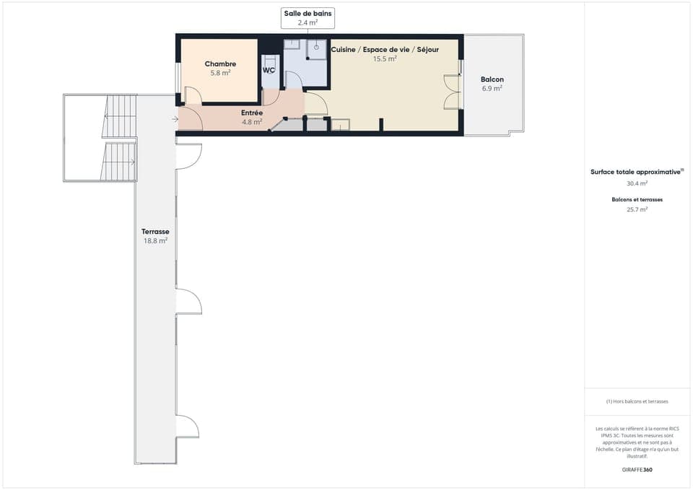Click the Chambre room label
tap(220, 64)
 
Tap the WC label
tap(269, 71)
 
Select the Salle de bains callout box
tap(308, 18)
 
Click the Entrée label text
tap(251, 113)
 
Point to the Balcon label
tap(492, 79)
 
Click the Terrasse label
tap(155, 232)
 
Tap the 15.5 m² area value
tap(385, 59)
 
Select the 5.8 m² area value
tap(220, 73)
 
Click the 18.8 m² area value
tap(155, 241)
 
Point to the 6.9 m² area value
tap(492, 89)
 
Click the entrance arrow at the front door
tap(175, 119)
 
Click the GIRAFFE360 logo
tap(637, 470)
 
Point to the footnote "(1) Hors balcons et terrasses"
tap(637, 401)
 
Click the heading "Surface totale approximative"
tap(636, 172)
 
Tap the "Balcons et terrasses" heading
tap(637, 199)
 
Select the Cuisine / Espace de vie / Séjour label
tap(385, 49)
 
